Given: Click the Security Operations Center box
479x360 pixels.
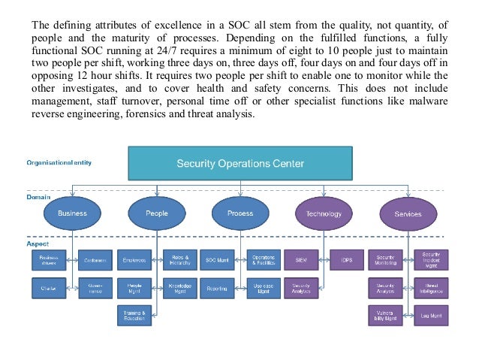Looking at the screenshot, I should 239,164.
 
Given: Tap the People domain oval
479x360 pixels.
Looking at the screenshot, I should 156,213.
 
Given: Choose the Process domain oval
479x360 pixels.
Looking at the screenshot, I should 239,213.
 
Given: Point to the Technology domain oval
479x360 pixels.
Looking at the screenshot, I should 324,213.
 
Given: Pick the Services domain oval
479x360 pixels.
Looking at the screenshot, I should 408,213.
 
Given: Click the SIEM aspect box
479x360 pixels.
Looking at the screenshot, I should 301,260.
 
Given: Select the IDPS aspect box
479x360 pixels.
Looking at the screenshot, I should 346,260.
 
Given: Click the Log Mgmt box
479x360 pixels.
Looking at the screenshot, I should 431,315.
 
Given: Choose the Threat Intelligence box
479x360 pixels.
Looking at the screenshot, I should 431,287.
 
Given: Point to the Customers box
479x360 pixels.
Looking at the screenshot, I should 95,260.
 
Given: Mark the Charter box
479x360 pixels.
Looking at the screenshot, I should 50,287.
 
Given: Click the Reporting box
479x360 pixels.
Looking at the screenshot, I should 217,287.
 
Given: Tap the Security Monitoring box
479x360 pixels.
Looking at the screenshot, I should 386,260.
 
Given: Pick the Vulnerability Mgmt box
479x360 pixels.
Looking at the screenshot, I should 386,315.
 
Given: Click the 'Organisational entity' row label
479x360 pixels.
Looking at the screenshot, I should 59,162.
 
